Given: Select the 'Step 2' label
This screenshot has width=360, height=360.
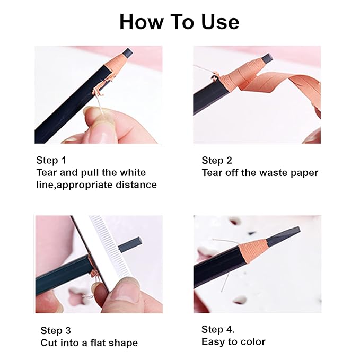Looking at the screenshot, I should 217,160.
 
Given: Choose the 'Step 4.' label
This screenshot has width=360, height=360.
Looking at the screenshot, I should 218,329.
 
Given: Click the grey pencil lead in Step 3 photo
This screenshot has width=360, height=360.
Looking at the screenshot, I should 130,244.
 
